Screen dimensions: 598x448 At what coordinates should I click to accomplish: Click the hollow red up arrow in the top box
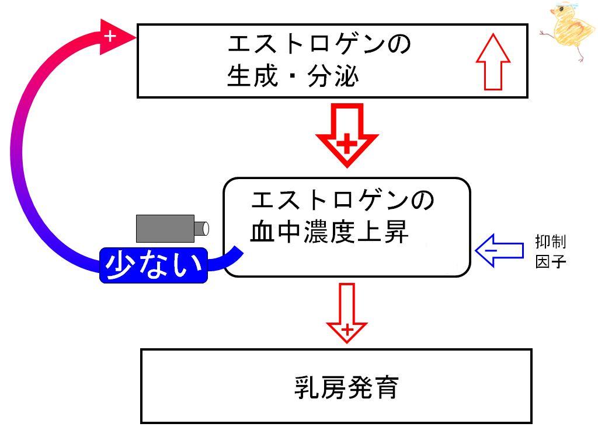(493, 62)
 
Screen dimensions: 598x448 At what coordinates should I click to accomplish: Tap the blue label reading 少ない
(154, 265)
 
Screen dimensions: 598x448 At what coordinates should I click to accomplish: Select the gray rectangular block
(165, 229)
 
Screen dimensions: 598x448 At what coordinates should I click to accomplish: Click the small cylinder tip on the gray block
(201, 229)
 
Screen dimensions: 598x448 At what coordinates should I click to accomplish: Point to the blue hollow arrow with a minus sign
(499, 251)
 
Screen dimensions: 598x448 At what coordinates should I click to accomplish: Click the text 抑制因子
(550, 251)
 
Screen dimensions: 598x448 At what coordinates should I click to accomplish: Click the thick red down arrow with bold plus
(347, 135)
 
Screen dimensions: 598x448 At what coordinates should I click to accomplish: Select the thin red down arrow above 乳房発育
(347, 313)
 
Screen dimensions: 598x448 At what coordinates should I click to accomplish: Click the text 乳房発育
(347, 387)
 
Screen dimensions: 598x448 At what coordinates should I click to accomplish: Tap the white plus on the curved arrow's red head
(110, 36)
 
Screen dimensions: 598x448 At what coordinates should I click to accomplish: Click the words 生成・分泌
(293, 75)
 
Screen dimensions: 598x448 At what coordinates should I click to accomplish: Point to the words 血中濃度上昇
(329, 231)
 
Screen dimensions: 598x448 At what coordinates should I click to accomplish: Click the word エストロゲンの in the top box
(319, 43)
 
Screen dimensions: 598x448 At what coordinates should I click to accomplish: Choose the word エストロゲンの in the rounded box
(342, 200)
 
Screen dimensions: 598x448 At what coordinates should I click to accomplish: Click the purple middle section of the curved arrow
(18, 152)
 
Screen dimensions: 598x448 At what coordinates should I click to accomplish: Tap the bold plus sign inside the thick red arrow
(347, 143)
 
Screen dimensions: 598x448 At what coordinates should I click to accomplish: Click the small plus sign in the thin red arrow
(347, 330)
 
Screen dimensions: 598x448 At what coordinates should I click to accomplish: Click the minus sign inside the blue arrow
(491, 251)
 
